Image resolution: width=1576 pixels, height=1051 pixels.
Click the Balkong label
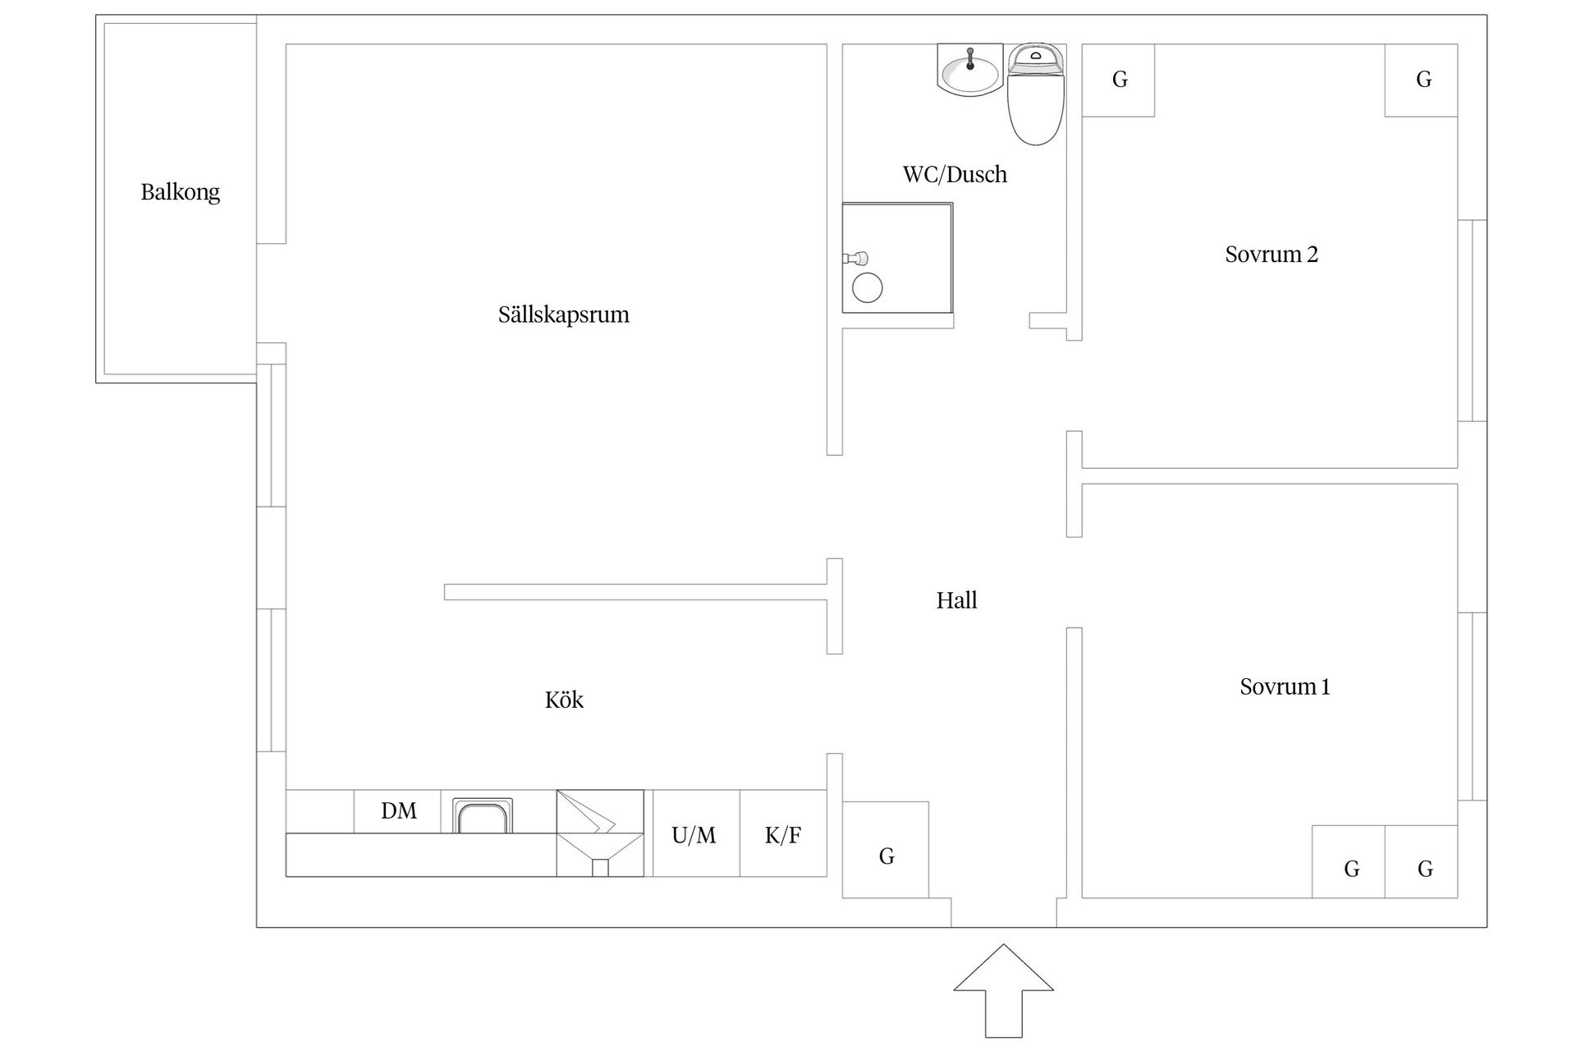coord(181,193)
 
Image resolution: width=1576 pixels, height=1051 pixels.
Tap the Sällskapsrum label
coord(564,315)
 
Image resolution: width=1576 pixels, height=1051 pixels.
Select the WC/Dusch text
coord(955,174)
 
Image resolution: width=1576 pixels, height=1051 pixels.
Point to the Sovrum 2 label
coord(1271,255)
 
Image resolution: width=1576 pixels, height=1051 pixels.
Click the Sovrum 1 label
coord(1285,686)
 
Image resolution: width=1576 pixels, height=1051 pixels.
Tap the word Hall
coord(957,600)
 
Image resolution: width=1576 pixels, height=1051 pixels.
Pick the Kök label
coord(564,700)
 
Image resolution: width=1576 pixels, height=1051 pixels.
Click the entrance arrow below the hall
coord(1003,990)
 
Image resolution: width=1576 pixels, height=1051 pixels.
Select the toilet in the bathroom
coord(1035,94)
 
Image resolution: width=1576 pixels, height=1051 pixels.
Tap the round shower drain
coord(867,288)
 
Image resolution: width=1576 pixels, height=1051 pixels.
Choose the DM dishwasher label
coord(399,811)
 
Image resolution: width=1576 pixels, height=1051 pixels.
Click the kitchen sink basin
coord(483,816)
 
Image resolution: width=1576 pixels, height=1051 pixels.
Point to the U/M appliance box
coord(696,833)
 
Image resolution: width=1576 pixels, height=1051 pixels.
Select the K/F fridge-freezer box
coord(783,833)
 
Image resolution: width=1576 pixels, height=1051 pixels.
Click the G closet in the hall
coord(886,850)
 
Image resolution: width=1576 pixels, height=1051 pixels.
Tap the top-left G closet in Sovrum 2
coord(1119,80)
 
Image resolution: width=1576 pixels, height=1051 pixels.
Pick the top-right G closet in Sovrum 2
coord(1422,80)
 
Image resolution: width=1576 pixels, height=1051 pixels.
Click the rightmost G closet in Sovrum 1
coord(1422,861)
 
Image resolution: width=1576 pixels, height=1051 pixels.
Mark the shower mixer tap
coord(855,258)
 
